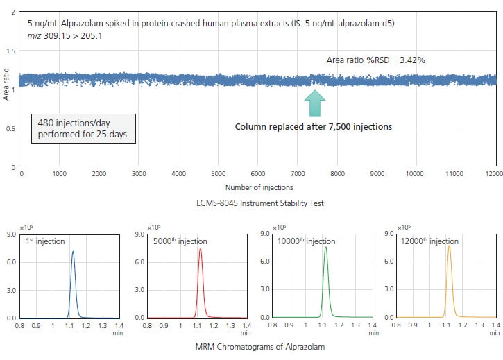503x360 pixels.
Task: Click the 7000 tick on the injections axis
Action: coord(298,174)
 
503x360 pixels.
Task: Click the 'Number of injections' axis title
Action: coord(259,187)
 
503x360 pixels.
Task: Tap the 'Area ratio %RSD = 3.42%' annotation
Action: coord(375,60)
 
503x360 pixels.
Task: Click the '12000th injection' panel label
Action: coord(432,241)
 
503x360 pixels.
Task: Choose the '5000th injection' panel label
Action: coord(180,241)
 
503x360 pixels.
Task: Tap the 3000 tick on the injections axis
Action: coord(139,174)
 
